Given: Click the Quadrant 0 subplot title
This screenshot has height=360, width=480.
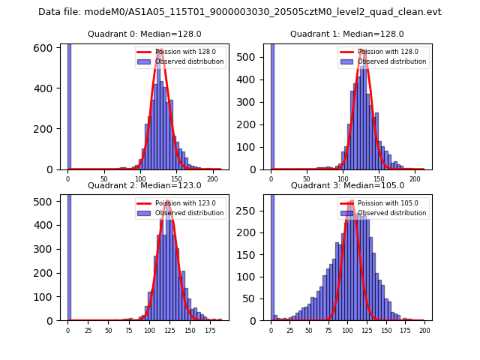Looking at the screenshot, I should click(144, 34).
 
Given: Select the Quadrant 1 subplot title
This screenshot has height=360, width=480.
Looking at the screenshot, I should click(346, 34).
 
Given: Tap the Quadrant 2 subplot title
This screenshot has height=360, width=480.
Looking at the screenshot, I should click(144, 185).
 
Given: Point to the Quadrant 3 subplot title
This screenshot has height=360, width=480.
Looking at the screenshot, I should click(346, 185).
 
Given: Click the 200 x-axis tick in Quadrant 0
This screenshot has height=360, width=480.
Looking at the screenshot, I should click(213, 179).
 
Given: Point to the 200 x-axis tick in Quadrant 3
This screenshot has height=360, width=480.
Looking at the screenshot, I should click(424, 330).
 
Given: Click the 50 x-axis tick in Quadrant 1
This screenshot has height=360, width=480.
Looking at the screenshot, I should click(307, 179).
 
